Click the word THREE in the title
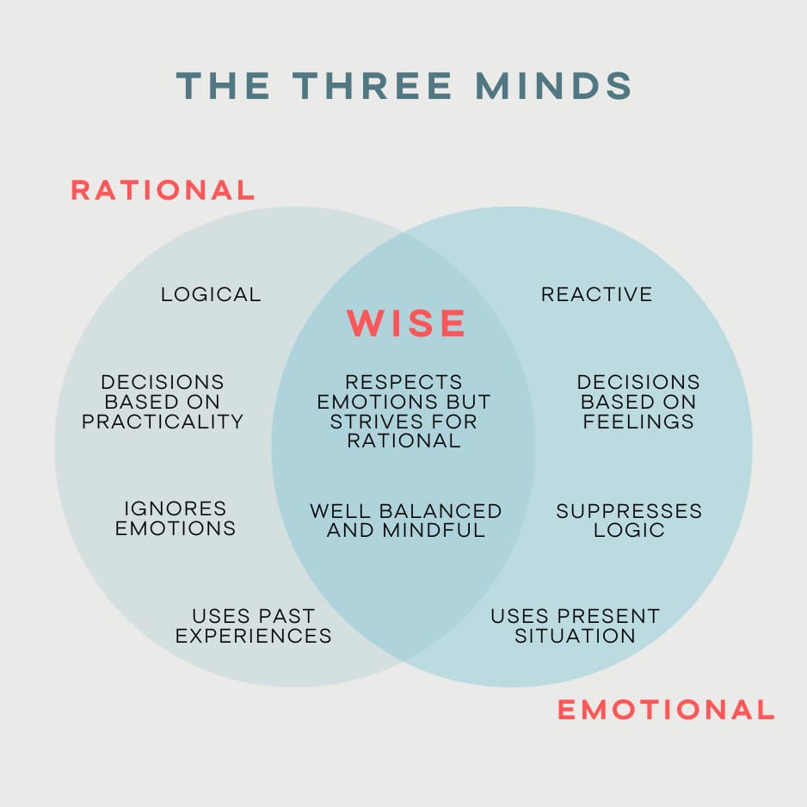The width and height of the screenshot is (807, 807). (372, 86)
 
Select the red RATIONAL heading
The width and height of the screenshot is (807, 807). (163, 190)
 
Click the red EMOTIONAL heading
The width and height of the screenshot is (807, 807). (666, 710)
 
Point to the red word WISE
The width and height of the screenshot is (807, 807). (406, 323)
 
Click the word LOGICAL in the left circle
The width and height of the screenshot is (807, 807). (211, 294)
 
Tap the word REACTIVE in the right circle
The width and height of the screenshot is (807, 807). (596, 294)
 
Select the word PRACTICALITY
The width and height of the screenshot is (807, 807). (163, 422)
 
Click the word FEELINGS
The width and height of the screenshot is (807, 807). (638, 422)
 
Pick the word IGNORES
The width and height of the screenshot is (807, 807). (176, 508)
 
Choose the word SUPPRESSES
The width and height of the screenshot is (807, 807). (629, 511)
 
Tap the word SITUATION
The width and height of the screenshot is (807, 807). (575, 637)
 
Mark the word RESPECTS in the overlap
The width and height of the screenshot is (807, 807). (403, 381)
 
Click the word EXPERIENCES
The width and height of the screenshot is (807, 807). (253, 637)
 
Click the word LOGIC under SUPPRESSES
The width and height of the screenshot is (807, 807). (629, 530)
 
